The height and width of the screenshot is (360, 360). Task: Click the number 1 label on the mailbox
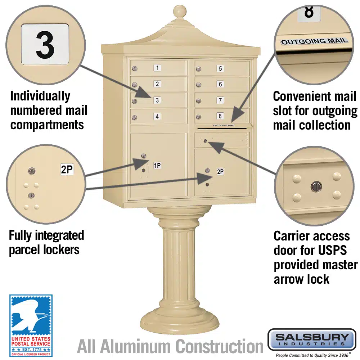157,68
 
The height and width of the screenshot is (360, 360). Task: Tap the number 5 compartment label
220,68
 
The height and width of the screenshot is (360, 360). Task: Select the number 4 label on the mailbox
157,116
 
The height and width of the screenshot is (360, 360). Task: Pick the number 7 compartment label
220,100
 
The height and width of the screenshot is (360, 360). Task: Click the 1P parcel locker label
157,165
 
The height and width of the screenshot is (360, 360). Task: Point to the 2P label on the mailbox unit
220,172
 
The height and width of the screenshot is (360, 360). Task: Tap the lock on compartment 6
198,85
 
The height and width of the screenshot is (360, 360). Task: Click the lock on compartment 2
134,85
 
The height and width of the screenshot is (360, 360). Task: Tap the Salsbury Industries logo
312,339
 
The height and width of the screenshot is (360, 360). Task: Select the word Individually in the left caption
40,96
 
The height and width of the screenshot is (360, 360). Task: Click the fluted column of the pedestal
179,266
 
